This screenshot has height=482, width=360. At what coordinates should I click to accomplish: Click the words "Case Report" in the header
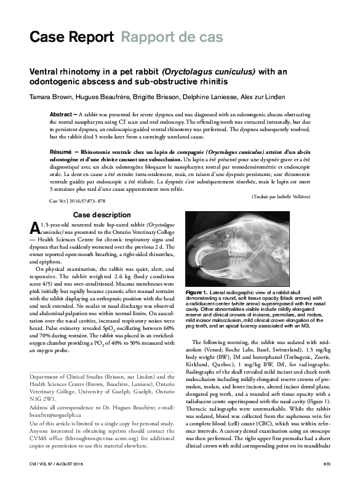pos(71,37)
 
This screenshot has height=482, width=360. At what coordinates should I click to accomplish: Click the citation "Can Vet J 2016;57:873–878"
pos(77,201)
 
